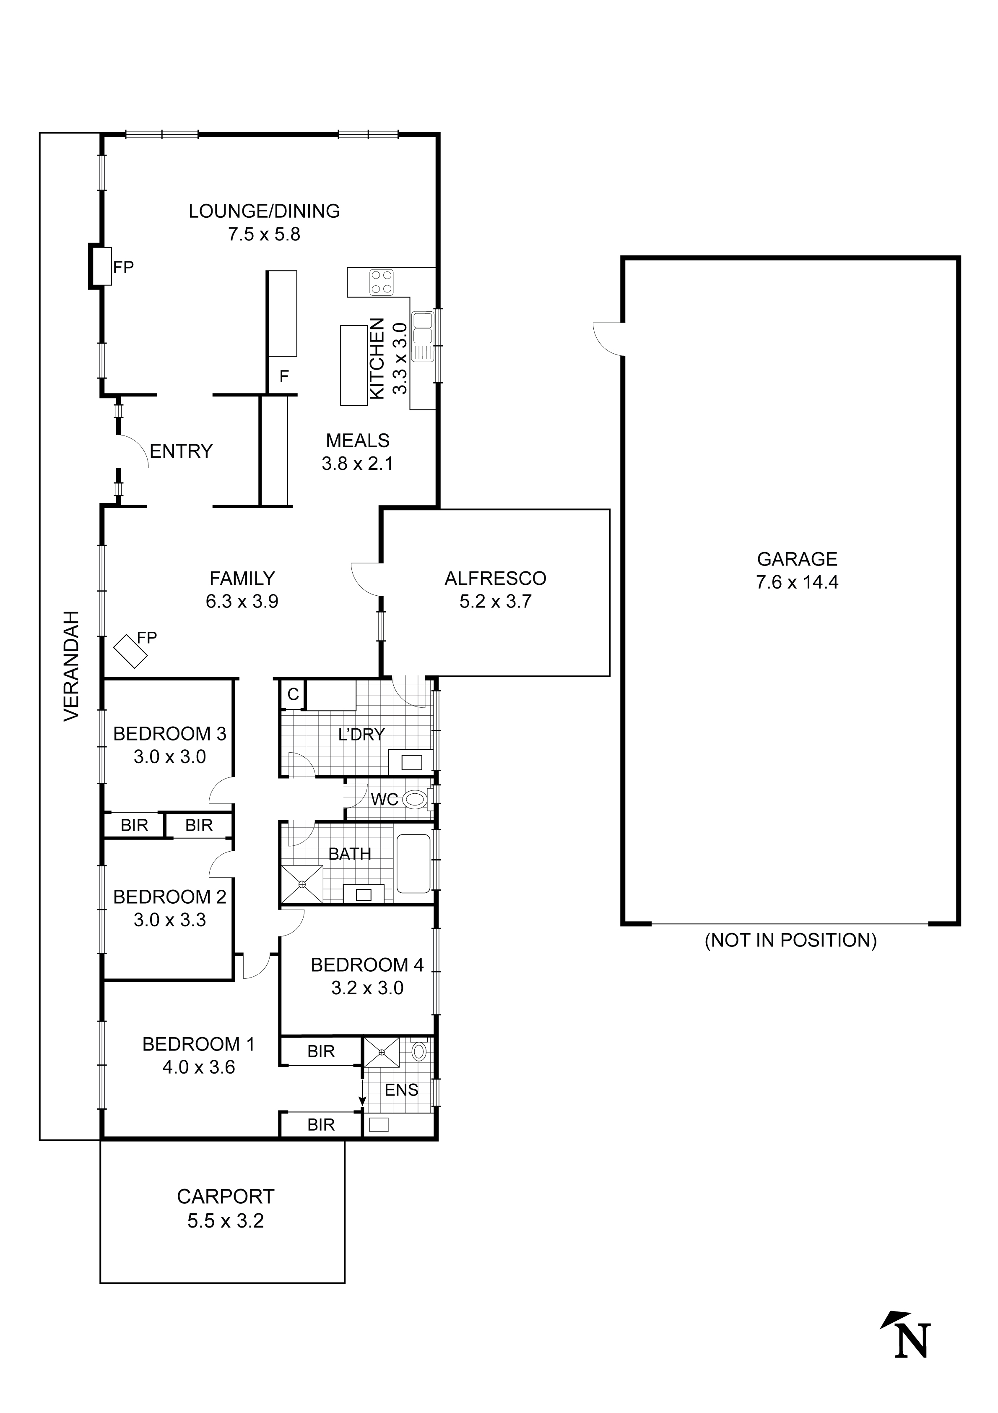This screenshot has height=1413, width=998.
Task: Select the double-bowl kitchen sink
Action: point(423,328)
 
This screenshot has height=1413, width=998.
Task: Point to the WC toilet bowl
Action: point(416,800)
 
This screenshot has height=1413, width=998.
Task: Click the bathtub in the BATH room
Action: point(413,863)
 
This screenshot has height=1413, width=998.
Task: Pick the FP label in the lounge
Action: point(123,267)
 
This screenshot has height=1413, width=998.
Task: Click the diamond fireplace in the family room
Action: point(130,651)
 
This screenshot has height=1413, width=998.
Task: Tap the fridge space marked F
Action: point(283,377)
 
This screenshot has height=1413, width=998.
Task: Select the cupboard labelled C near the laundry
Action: point(293,694)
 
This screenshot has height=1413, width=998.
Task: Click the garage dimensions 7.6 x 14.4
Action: point(797,582)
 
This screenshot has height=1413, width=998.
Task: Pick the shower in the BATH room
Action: point(301,884)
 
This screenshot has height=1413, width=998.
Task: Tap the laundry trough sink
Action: point(412,762)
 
